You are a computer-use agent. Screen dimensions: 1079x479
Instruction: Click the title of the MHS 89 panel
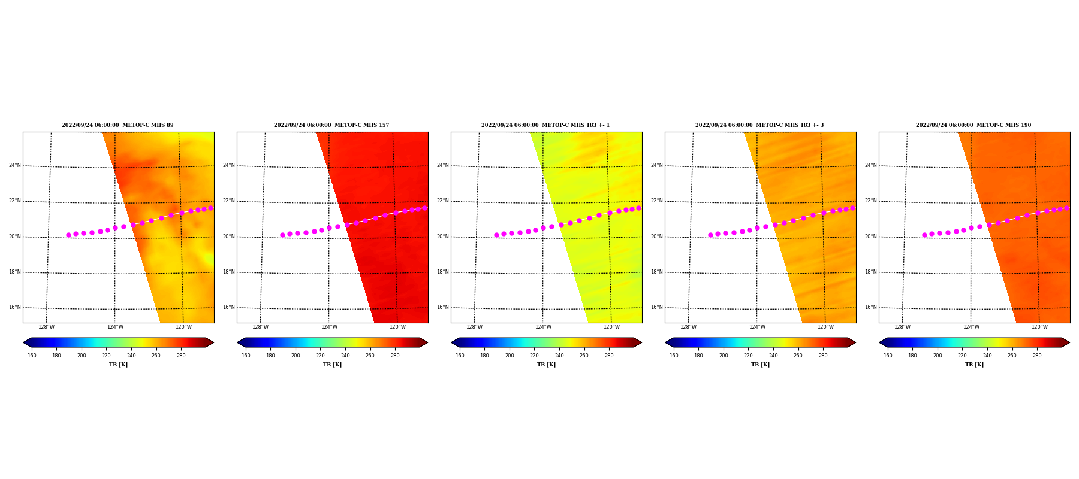(x=117, y=125)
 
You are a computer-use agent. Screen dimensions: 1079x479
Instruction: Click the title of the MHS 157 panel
(x=331, y=125)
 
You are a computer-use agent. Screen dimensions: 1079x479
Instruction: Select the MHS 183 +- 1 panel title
(x=545, y=125)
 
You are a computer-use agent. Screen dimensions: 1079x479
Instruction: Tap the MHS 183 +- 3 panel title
(x=759, y=125)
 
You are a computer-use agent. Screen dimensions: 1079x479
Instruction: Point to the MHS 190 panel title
(x=973, y=125)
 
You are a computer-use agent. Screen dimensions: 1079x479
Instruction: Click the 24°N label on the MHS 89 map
(x=15, y=165)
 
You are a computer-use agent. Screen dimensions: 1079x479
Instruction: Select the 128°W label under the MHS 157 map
(x=260, y=327)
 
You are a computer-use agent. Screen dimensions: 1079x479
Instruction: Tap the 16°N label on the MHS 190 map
(x=870, y=307)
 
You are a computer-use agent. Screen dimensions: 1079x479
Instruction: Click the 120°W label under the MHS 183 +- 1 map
(x=611, y=327)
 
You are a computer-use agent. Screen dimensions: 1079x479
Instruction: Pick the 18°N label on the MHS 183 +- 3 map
(x=656, y=272)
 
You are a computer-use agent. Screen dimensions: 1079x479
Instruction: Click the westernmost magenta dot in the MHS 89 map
(x=68, y=235)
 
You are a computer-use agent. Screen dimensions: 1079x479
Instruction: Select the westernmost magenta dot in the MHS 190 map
(x=924, y=235)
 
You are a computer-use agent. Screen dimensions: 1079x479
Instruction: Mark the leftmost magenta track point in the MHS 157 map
(x=282, y=235)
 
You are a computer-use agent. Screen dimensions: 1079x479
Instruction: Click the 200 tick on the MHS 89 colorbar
(x=82, y=356)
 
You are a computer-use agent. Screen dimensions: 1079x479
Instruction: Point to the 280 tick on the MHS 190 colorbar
(x=1037, y=356)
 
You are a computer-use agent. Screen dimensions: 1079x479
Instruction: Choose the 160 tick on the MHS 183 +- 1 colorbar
(x=460, y=356)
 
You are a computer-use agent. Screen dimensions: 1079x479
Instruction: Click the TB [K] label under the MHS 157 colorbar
(x=332, y=365)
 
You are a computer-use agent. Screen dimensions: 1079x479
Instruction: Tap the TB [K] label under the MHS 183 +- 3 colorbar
(x=760, y=365)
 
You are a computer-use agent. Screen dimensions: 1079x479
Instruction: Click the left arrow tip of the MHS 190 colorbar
(x=879, y=342)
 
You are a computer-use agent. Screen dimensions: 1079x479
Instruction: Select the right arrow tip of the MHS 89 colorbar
(x=214, y=342)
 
